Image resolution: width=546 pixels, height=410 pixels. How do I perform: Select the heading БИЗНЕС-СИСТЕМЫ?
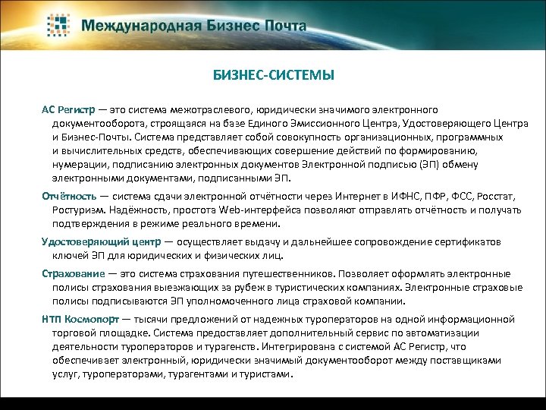[x=273, y=76]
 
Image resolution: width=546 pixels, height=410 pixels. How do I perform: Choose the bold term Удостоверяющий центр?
[x=101, y=242]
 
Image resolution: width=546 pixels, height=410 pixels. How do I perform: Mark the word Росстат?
[x=497, y=196]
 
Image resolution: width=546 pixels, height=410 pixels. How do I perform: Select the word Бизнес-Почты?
[x=92, y=138]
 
